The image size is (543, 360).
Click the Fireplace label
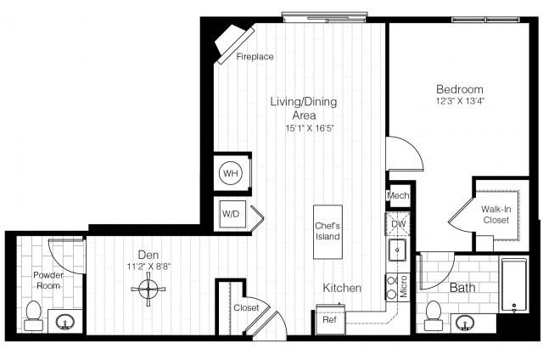pyautogui.click(x=255, y=57)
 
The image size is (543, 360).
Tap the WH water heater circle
pyautogui.click(x=230, y=174)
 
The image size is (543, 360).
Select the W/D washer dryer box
pyautogui.click(x=231, y=213)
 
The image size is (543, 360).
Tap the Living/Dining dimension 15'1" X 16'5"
pyautogui.click(x=304, y=128)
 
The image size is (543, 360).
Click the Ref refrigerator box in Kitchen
pyautogui.click(x=327, y=320)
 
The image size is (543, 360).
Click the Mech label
pyautogui.click(x=398, y=196)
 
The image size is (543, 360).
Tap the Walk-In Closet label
pyautogui.click(x=495, y=214)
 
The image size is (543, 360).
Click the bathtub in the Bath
pyautogui.click(x=515, y=285)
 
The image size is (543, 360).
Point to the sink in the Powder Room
pyautogui.click(x=67, y=321)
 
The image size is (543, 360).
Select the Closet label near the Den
pyautogui.click(x=246, y=307)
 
